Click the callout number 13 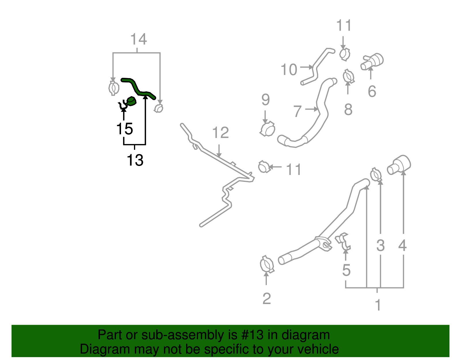[135, 160]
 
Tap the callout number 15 [124, 129]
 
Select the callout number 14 [139, 39]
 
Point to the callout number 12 [220, 133]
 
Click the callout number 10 [289, 70]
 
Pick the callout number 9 [265, 100]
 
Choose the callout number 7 [297, 111]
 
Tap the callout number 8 [348, 110]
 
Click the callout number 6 [372, 91]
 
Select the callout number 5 [346, 270]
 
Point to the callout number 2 [267, 299]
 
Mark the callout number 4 [402, 246]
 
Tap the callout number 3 [380, 246]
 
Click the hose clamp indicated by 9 [268, 129]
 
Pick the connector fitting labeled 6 [372, 61]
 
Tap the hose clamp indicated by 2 [267, 264]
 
